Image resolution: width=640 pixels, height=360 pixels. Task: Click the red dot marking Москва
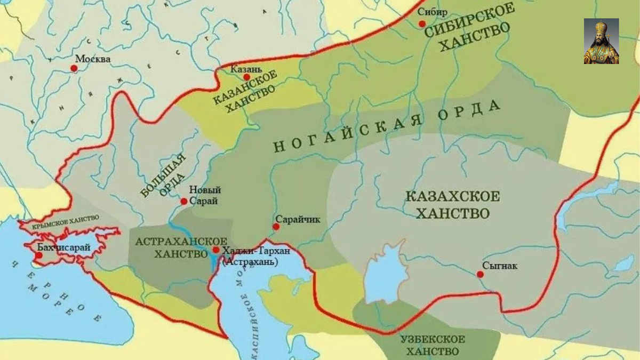pyautogui.click(x=74, y=68)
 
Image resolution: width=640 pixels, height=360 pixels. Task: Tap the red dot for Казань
pyautogui.click(x=246, y=77)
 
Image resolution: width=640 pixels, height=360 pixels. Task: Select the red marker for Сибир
pyautogui.click(x=422, y=23)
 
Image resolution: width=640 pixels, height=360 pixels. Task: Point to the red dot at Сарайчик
pyautogui.click(x=276, y=227)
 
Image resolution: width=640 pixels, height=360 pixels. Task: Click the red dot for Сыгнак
pyautogui.click(x=480, y=274)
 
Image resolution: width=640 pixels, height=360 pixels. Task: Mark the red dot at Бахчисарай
pyautogui.click(x=38, y=255)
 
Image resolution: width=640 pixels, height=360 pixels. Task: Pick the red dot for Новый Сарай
pyautogui.click(x=183, y=201)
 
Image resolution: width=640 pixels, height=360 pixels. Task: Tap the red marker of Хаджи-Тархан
pyautogui.click(x=216, y=250)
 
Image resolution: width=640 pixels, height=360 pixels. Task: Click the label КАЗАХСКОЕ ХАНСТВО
pyautogui.click(x=452, y=205)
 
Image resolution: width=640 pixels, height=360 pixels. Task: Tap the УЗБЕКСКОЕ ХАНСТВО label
pyautogui.click(x=432, y=345)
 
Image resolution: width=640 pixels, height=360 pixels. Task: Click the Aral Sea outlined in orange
pyautogui.click(x=387, y=272)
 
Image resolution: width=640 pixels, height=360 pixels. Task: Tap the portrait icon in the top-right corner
pyautogui.click(x=601, y=41)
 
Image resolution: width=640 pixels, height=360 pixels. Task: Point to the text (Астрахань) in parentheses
pyautogui.click(x=250, y=262)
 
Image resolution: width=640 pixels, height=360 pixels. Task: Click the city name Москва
pyautogui.click(x=93, y=59)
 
